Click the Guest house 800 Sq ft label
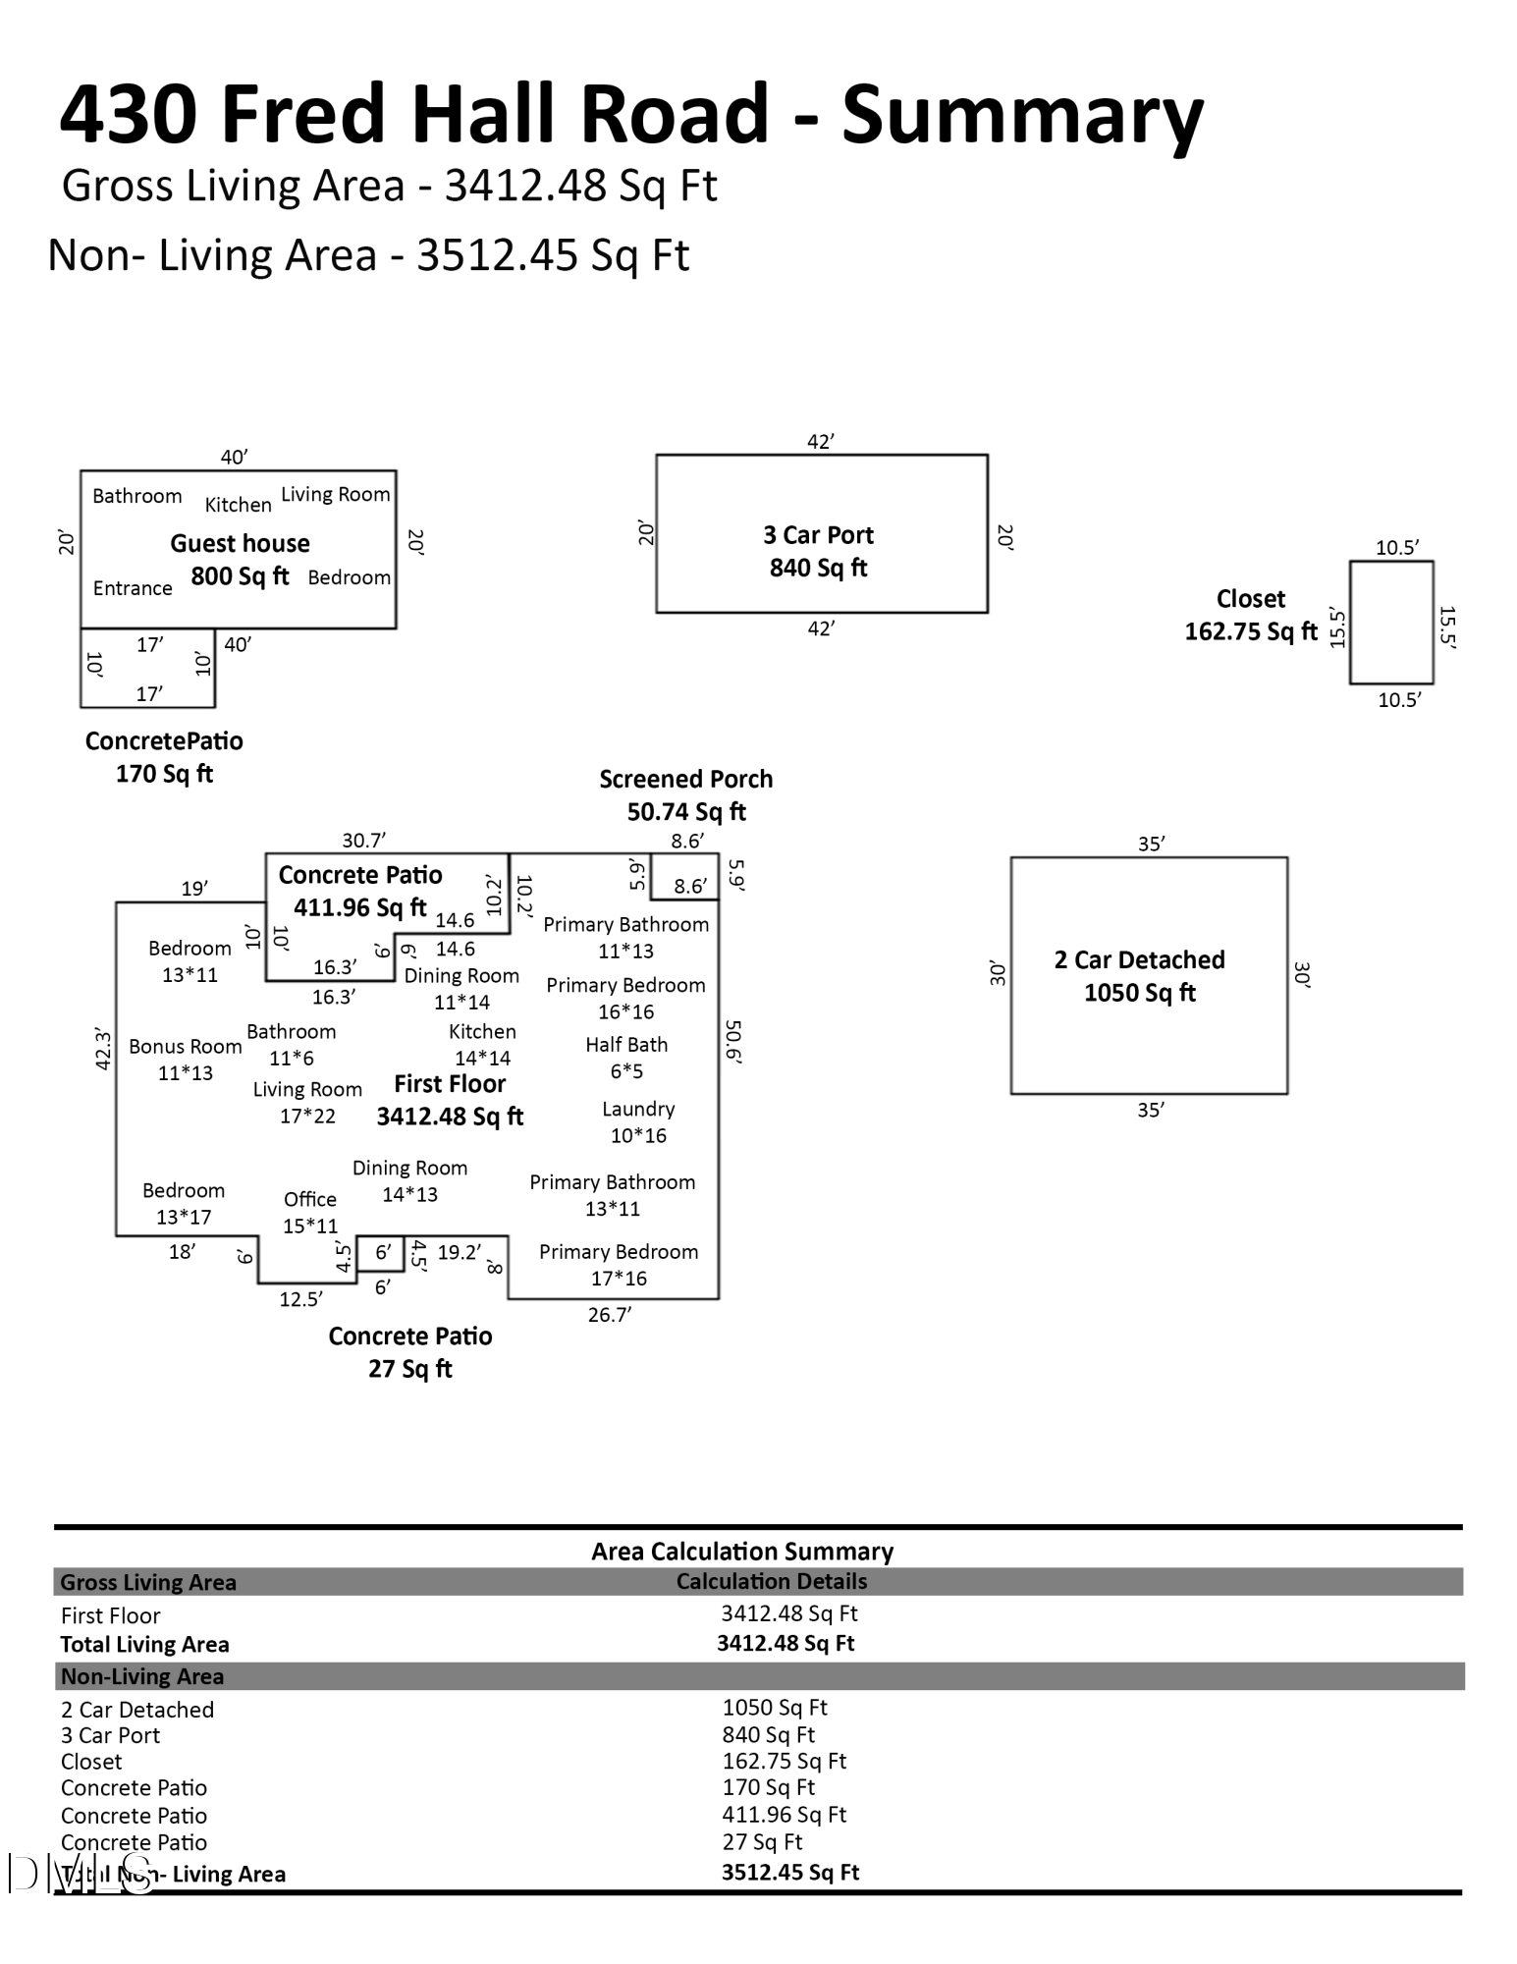pos(240,560)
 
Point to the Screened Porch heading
pos(686,780)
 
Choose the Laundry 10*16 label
pos(638,1121)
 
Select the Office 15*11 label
pos(310,1212)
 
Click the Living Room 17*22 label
pos(307,1102)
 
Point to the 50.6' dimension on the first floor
pos(733,1042)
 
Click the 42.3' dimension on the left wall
pos(103,1049)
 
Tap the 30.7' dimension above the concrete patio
pos(364,841)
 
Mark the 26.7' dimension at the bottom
pos(610,1315)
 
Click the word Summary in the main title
pos(1023,116)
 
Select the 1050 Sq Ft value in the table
pos(775,1708)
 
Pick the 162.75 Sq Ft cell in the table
pos(785,1762)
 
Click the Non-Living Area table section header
pos(142,1676)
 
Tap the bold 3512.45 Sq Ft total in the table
pos(790,1873)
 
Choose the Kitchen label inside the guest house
pos(239,505)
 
